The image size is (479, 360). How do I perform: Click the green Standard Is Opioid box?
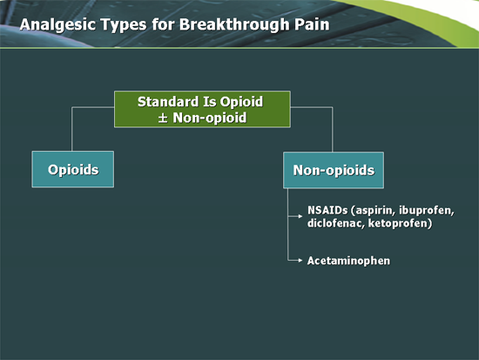[x=199, y=109]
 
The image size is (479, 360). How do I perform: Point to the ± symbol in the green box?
[x=161, y=118]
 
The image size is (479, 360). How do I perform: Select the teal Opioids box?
[x=72, y=170]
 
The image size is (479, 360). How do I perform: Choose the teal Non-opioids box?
[x=334, y=170]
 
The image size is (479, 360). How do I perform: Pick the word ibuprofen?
[x=429, y=211]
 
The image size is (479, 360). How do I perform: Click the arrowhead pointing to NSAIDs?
[x=301, y=211]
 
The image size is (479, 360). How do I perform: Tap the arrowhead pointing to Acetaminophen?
[x=301, y=261]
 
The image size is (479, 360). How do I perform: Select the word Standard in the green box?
[x=167, y=102]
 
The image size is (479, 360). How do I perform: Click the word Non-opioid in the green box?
[x=208, y=118]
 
